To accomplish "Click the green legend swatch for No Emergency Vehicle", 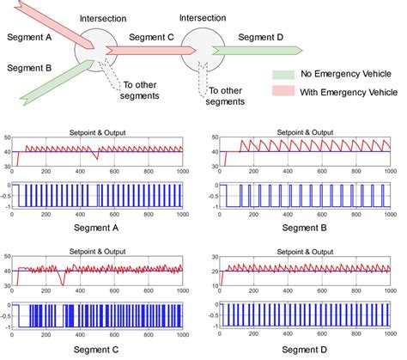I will click(285, 75).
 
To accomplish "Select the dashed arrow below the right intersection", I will click(204, 83).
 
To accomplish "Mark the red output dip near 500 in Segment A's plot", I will click(97, 158).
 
